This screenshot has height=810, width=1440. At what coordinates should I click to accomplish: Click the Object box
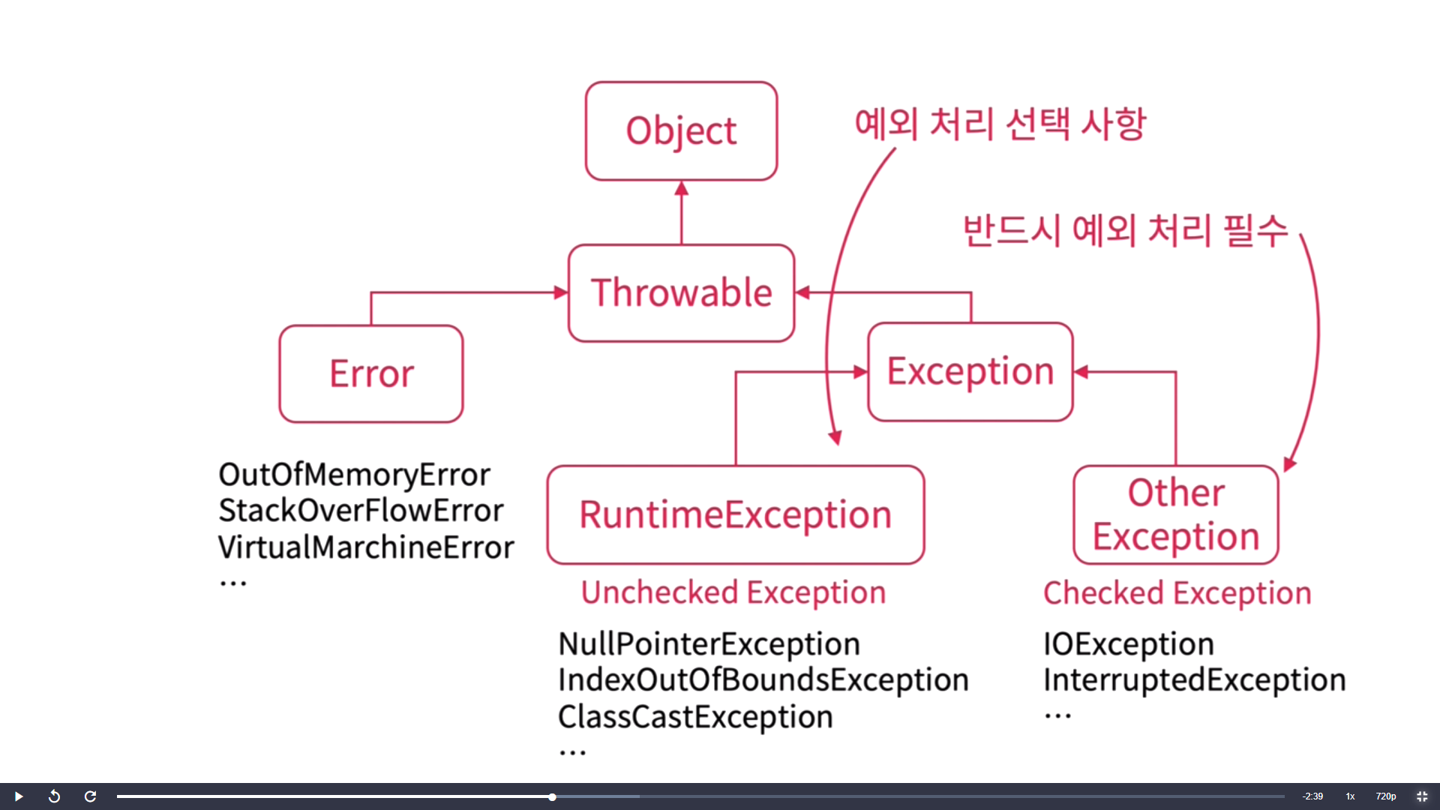coord(681,131)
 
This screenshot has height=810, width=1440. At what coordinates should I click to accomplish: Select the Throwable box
coord(681,292)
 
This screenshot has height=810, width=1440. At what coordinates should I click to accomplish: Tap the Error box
coord(371,373)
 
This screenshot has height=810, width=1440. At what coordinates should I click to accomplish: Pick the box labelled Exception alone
coord(970,371)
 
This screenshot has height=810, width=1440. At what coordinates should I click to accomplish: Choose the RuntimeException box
coord(736,514)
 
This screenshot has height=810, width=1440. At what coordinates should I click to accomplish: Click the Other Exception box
coord(1176,514)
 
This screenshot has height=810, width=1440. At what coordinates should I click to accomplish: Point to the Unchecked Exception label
coord(733,592)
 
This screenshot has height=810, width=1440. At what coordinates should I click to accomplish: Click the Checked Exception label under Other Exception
coord(1177,593)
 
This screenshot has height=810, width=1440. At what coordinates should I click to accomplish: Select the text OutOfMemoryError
coord(354,475)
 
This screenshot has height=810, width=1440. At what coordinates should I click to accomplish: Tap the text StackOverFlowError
coord(361,511)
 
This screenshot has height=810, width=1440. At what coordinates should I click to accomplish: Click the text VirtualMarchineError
coord(366,547)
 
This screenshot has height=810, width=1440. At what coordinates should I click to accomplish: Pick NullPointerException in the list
coord(709,644)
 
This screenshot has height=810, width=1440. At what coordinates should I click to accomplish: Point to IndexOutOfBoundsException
coord(763,680)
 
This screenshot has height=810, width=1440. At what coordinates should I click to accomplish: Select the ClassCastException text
coord(695,717)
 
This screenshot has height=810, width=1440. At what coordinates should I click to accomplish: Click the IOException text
coord(1129,644)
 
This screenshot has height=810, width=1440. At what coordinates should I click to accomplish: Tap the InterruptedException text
coord(1195,680)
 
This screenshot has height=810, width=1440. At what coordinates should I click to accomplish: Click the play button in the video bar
coord(19,796)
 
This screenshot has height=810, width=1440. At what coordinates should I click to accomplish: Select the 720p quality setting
coord(1386,796)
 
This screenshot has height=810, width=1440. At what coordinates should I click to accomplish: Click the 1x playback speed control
coord(1350,796)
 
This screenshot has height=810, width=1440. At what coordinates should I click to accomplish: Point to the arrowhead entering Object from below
coord(681,188)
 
